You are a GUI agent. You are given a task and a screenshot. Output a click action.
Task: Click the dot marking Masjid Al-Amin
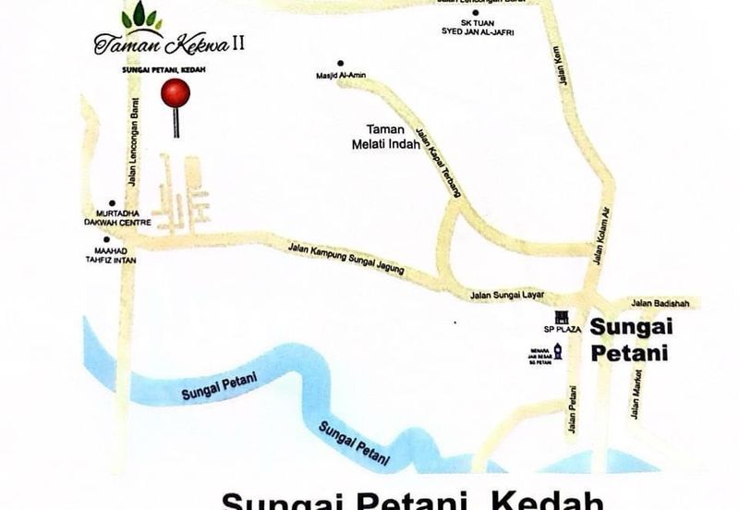[341, 62]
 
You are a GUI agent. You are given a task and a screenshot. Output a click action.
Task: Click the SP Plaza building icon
[558, 317]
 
